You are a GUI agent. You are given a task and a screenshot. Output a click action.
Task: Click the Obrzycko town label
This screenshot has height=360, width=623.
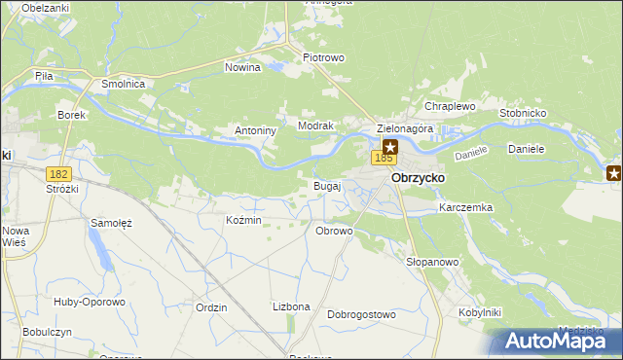pos(418,179)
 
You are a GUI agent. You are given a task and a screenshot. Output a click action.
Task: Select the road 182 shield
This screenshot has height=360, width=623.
pos(59,172)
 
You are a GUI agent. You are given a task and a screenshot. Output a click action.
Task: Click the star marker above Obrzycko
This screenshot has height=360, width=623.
pos(390,146)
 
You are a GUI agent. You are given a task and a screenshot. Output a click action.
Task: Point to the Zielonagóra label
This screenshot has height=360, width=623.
pos(404,128)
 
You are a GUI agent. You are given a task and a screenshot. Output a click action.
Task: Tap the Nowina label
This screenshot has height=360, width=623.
pos(242,68)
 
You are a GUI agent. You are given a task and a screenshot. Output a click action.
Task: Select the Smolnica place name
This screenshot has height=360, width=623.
pos(124,85)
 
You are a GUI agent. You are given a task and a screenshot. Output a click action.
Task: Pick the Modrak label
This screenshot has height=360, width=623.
pos(316,126)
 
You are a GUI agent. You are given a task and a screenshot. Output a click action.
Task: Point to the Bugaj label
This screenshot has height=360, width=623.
pos(326,185)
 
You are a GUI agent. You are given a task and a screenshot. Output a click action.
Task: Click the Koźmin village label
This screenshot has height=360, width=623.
pos(243,221)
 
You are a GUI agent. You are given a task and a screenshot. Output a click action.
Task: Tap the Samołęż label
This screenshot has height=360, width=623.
pos(111,223)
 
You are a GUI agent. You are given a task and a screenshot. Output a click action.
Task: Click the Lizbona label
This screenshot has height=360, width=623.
pos(291,306)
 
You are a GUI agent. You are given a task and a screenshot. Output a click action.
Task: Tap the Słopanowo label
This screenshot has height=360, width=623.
pos(431,263)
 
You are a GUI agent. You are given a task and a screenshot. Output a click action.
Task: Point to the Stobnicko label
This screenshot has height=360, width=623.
pos(523,113)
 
